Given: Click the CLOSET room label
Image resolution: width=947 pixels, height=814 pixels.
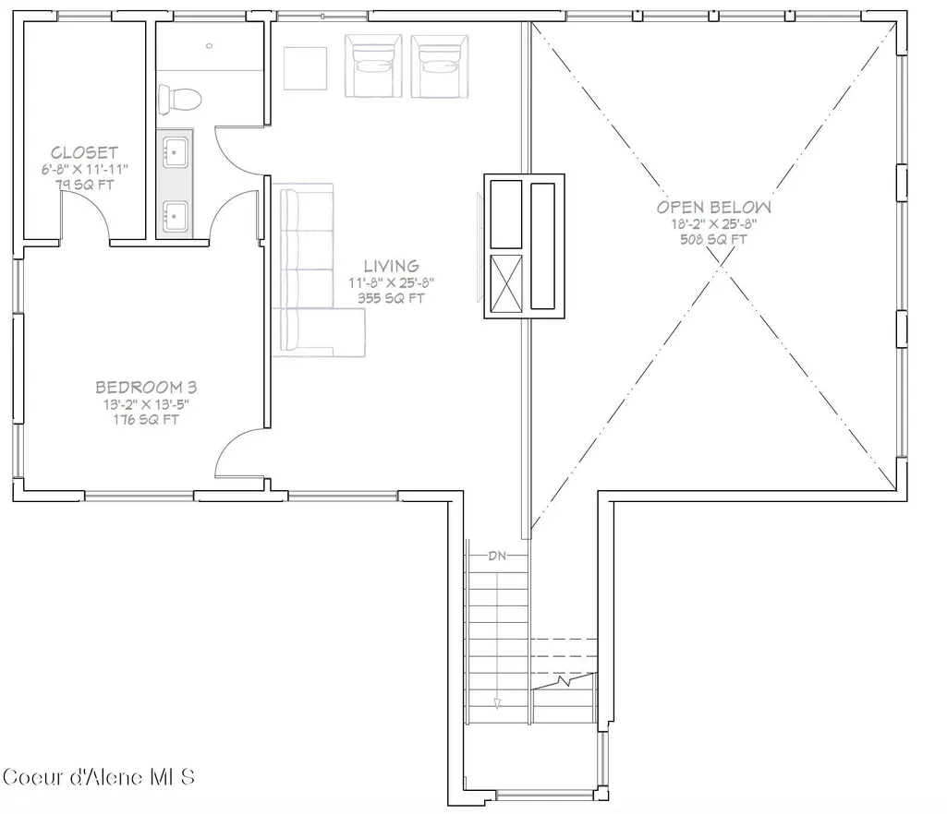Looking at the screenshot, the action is (85, 152).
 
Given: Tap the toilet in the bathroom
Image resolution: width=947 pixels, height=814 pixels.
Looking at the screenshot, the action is (178, 100).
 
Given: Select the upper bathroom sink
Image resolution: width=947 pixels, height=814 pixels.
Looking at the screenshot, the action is (176, 151).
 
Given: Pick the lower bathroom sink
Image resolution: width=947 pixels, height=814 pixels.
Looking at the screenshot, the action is (176, 215).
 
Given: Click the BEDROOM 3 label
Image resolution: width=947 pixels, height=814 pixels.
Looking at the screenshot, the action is (146, 387).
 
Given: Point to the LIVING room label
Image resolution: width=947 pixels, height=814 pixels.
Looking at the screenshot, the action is (392, 266).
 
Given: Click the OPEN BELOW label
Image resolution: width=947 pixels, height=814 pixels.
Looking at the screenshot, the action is (714, 208).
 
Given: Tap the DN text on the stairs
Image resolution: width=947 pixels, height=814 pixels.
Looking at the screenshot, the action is (497, 556).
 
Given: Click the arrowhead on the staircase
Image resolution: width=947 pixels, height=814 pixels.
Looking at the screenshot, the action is (497, 703).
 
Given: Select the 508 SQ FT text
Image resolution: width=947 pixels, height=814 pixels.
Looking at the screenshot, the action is (714, 240).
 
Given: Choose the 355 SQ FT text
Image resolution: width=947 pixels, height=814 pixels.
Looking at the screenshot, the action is (392, 298).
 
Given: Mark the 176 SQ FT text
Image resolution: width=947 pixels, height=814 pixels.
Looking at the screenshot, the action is (146, 419).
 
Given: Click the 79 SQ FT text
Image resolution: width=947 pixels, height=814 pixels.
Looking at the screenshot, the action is (85, 185).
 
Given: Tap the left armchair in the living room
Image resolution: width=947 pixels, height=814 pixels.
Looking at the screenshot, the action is (373, 66).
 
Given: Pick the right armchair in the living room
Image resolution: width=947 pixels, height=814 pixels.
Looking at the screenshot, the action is (440, 66).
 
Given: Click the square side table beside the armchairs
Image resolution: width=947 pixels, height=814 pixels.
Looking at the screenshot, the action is (306, 69).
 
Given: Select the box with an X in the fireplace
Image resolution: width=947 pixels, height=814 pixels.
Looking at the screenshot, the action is (506, 283).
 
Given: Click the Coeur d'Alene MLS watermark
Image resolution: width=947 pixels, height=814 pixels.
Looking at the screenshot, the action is (99, 776).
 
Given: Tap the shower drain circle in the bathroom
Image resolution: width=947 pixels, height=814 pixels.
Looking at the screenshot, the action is (210, 46).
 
